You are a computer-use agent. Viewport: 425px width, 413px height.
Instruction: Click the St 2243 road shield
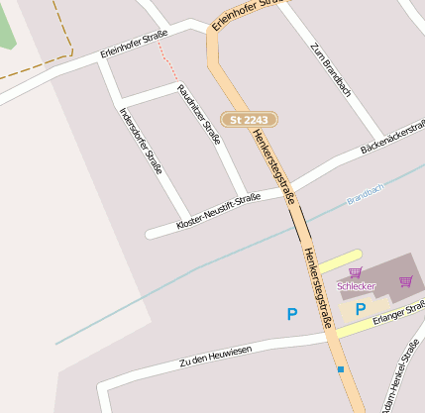point(249,120)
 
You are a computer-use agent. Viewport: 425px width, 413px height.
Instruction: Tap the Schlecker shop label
point(357,286)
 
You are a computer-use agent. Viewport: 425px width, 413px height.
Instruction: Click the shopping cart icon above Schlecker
point(355,272)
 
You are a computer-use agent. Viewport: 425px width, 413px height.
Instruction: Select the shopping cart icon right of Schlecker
point(405,281)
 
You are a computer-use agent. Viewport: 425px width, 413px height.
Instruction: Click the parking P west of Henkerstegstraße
point(292,314)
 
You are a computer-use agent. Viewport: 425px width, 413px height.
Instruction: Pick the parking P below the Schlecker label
point(361,309)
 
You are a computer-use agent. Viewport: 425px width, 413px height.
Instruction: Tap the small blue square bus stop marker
point(341,369)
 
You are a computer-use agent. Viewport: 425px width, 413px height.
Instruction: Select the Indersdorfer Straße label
point(141,140)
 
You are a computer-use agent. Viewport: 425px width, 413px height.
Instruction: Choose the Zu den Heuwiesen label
point(215,357)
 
